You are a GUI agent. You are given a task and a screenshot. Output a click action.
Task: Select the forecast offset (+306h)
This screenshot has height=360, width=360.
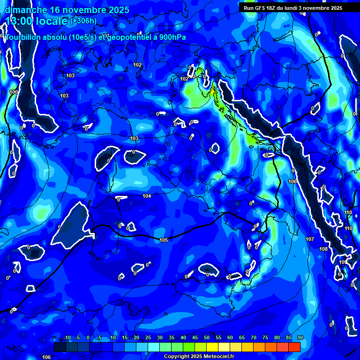point(83,21)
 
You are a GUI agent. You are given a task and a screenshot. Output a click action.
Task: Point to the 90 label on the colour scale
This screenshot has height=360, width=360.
point(300,338)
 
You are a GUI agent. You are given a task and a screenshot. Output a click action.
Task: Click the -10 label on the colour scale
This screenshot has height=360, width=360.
point(67,338)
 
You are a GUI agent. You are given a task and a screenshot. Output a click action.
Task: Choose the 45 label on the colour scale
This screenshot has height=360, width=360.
point(195,338)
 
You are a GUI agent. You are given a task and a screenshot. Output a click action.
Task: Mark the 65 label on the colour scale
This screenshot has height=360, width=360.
point(241,338)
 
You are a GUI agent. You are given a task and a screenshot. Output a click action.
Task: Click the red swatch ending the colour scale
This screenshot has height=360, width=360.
point(294,347)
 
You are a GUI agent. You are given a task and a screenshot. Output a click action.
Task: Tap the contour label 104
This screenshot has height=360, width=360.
point(147,196)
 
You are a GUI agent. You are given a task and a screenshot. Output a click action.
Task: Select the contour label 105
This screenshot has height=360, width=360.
point(164,240)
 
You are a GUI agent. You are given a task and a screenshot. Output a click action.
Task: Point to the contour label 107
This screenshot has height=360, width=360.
point(310,239)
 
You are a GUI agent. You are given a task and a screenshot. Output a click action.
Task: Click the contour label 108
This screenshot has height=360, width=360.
point(323,248)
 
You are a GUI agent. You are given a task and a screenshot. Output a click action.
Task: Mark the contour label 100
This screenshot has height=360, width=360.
point(14,92)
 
